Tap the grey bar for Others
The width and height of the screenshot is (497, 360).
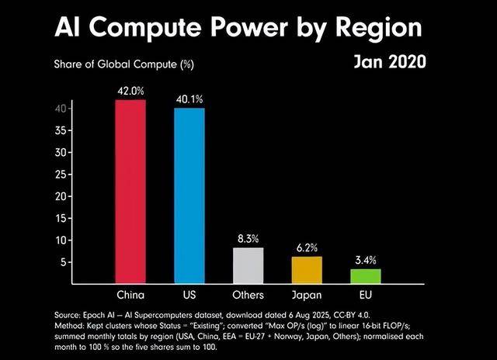click(x=248, y=265)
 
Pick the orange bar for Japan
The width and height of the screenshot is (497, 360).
click(x=307, y=270)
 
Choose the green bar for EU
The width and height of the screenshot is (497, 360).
click(x=366, y=276)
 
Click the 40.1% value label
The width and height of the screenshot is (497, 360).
click(x=189, y=99)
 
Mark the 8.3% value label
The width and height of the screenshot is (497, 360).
click(x=248, y=238)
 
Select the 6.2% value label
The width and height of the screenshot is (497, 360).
click(x=307, y=247)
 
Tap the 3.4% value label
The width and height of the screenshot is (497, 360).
click(x=366, y=259)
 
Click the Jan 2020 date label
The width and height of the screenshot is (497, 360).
click(x=389, y=61)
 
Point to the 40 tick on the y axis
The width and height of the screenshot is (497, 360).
click(x=58, y=109)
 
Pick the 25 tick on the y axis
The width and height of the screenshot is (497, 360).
click(x=58, y=175)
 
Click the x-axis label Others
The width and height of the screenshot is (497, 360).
click(x=248, y=295)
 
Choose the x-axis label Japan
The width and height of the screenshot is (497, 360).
click(x=307, y=295)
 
